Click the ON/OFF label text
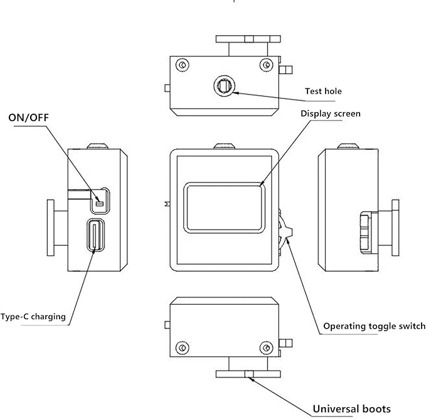point(28,117)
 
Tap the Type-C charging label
point(33,317)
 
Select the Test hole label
point(323,91)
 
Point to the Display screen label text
point(331,114)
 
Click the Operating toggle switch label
point(375,326)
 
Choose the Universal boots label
point(352,409)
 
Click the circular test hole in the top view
point(224,86)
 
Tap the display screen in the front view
point(225,208)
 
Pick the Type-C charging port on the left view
point(95,235)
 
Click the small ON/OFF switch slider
point(100,203)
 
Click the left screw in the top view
point(183,65)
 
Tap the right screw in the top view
point(266,65)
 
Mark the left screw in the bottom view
point(183,348)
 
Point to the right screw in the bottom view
point(266,348)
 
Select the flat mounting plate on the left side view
point(51,228)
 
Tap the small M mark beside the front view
point(167,204)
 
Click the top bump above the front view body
point(224,147)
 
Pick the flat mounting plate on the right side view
point(395,228)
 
